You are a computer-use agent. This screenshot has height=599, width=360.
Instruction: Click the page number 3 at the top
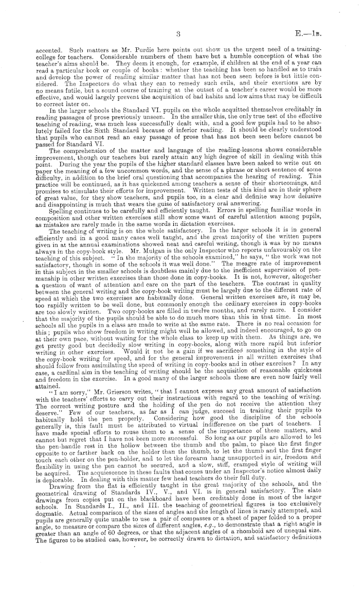click(x=176, y=35)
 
